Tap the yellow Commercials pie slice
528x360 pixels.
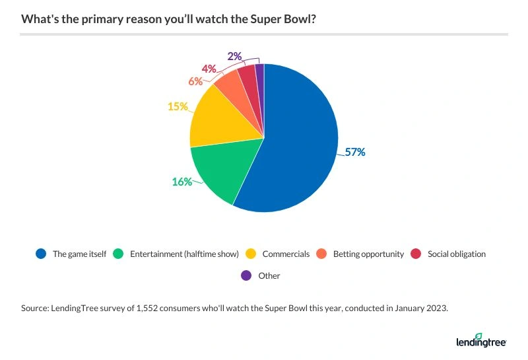[x=221, y=119]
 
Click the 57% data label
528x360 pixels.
[x=355, y=152]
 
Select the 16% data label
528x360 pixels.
[x=181, y=182]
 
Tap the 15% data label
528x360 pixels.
[x=178, y=106]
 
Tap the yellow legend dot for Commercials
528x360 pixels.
[x=251, y=254]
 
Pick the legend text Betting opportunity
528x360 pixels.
[x=368, y=254]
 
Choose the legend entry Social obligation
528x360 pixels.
[x=456, y=254]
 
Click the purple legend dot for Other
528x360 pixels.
[x=246, y=275]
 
